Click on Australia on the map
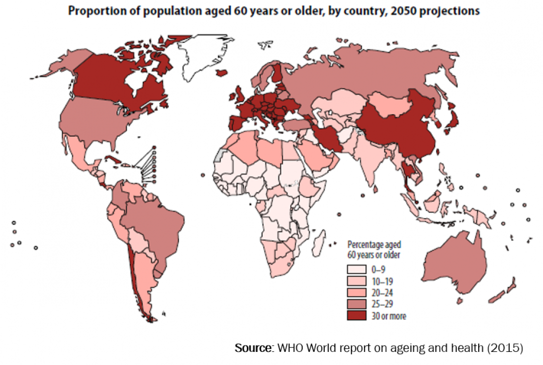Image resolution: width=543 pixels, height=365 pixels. coord(452,266)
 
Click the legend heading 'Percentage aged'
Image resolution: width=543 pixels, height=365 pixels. coord(374,244)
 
